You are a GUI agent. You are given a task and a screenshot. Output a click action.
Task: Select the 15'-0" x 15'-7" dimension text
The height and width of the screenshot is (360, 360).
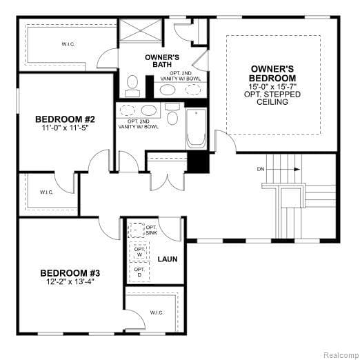[274, 87]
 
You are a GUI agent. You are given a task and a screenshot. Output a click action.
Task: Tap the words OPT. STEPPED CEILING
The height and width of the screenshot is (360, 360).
[274, 99]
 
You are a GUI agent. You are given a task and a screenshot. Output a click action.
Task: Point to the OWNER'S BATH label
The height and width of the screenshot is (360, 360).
[163, 60]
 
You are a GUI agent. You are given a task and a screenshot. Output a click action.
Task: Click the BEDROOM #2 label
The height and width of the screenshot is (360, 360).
[63, 119]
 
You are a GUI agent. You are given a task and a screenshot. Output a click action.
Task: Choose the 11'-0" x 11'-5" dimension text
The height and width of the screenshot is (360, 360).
[63, 128]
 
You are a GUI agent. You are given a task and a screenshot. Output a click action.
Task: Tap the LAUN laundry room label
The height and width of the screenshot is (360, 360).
[168, 259]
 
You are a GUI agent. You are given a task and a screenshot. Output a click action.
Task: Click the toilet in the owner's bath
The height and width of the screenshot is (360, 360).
[132, 86]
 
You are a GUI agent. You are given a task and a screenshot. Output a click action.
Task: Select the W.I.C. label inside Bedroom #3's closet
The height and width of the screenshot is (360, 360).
[157, 312]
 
